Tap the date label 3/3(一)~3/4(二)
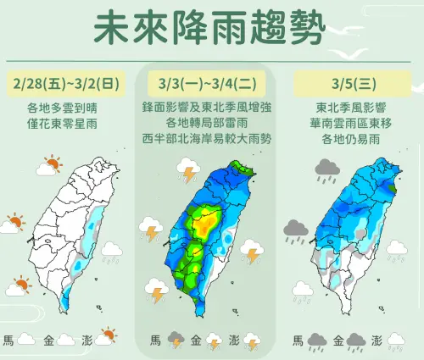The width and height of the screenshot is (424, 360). coord(211,85)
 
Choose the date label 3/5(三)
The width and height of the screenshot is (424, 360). coord(352,85)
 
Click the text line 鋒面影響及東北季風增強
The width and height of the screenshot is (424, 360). coord(211,109)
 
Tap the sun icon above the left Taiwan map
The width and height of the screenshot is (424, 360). coord(52,164)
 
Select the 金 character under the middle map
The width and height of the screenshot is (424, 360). coord(196,341)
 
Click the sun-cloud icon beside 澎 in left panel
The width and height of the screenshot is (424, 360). coord(105,339)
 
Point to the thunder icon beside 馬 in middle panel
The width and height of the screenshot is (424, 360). coord(176,341)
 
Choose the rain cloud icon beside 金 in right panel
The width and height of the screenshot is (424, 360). coord(355,341)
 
